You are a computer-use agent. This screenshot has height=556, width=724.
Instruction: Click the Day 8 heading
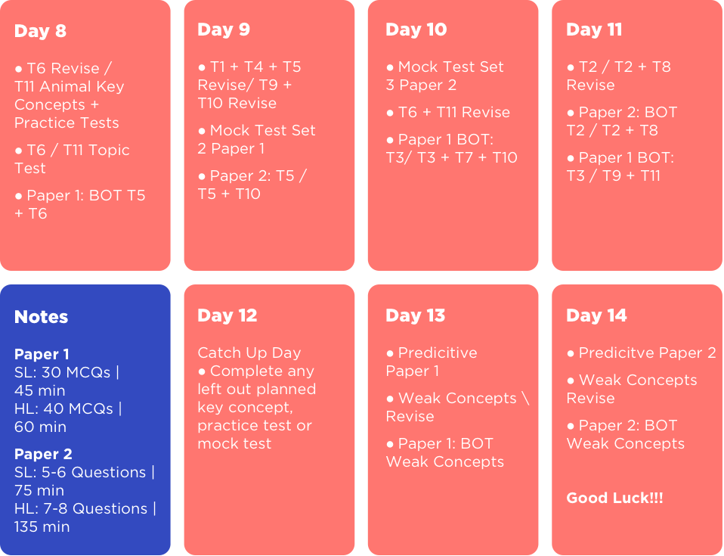(40, 31)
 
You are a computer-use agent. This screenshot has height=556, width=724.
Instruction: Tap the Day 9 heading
(224, 29)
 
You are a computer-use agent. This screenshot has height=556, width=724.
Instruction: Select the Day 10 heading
(416, 29)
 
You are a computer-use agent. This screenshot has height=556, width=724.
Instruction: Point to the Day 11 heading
(594, 29)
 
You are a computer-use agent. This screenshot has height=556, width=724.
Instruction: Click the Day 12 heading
(227, 315)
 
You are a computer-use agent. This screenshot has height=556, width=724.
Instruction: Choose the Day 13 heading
(416, 315)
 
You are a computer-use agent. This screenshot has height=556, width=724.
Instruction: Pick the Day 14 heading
(596, 315)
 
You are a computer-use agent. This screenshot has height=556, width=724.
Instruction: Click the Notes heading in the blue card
(41, 317)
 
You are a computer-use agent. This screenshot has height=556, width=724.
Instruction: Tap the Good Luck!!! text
(614, 498)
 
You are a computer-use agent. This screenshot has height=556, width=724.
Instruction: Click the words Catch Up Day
(249, 353)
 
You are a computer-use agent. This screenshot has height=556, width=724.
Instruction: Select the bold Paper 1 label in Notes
(42, 354)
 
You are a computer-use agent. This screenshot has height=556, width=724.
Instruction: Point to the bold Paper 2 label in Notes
(43, 454)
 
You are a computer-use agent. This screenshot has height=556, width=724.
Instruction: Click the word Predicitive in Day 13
(438, 353)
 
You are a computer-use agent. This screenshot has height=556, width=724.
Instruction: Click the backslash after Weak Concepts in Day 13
(525, 398)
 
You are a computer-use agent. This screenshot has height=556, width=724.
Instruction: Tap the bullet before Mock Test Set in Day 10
(390, 67)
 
